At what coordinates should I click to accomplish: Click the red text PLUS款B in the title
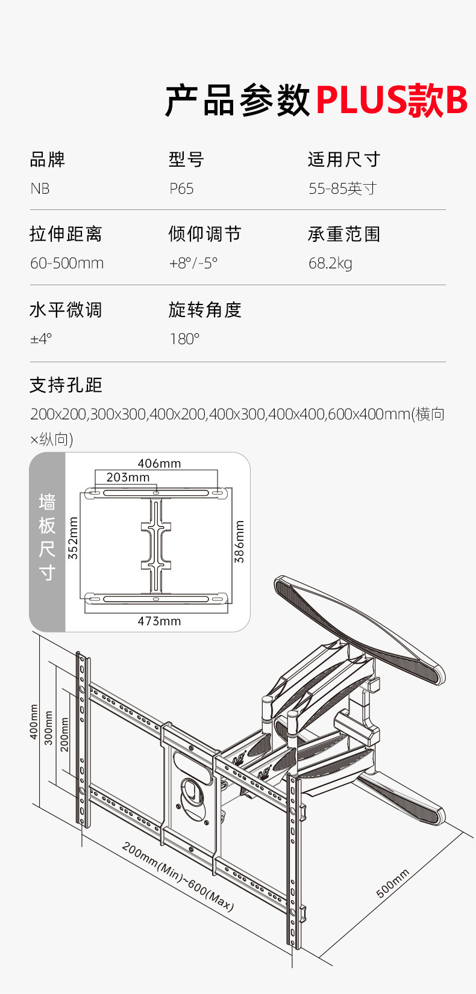click(391, 100)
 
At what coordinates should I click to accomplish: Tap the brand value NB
click(40, 189)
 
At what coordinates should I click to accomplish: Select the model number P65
click(181, 189)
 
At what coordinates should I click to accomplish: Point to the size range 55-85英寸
click(342, 189)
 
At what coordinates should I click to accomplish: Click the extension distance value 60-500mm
click(67, 264)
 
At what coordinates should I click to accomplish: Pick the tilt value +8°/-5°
click(193, 264)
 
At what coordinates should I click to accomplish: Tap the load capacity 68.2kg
click(330, 264)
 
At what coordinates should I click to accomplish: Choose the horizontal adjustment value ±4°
click(41, 339)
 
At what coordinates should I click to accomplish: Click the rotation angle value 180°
click(184, 339)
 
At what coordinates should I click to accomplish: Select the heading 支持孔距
click(66, 385)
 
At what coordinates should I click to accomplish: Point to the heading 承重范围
click(344, 234)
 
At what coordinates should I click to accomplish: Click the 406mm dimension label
click(159, 463)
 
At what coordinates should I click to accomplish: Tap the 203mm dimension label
click(128, 477)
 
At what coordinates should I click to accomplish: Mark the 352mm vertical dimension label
click(73, 539)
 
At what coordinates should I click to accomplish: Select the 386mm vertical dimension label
click(239, 542)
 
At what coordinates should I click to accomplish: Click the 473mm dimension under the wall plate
click(159, 621)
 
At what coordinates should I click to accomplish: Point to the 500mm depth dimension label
click(393, 883)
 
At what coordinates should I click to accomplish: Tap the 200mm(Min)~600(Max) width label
click(178, 877)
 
